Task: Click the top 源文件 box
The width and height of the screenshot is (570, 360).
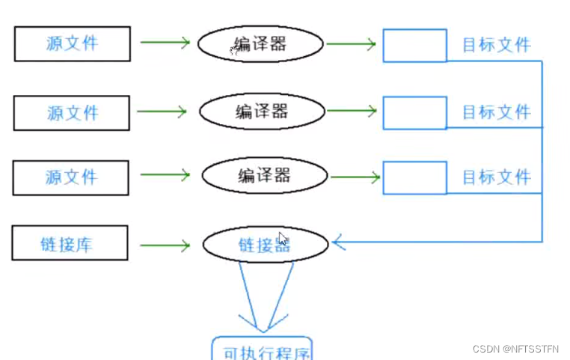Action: (x=73, y=43)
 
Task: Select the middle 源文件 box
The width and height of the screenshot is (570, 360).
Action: (x=73, y=113)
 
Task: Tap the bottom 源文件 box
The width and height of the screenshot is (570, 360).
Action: (x=73, y=177)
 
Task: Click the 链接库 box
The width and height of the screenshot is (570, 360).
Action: (x=70, y=243)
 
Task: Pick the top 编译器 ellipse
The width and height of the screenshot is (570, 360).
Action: (x=260, y=44)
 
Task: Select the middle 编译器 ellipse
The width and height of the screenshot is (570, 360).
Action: (x=262, y=112)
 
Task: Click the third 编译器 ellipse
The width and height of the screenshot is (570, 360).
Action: (x=265, y=176)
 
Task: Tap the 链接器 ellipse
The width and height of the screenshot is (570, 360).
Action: (x=265, y=244)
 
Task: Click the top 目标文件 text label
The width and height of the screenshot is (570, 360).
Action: (x=496, y=45)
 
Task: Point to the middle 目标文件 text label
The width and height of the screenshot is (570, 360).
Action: (x=496, y=112)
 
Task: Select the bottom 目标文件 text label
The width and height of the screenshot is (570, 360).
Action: (x=496, y=177)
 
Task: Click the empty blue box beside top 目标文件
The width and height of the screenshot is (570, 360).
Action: (x=415, y=45)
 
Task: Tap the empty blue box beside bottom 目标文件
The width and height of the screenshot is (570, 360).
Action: (x=415, y=177)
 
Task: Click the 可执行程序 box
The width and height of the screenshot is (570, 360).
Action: (x=261, y=350)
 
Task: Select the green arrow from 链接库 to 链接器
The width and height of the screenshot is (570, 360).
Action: (x=165, y=245)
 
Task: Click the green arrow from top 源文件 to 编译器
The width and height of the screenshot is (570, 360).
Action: (x=165, y=43)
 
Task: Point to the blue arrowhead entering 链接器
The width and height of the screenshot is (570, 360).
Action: (x=339, y=241)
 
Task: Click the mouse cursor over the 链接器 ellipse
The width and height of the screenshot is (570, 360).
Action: (x=283, y=239)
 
